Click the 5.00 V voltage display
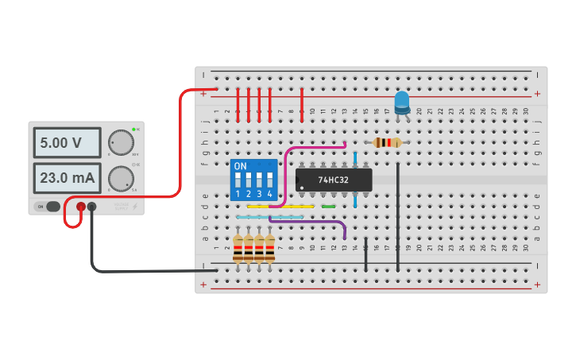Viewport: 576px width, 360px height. [x=67, y=143]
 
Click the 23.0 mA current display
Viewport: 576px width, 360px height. [x=67, y=178]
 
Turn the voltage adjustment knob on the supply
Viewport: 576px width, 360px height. [x=121, y=141]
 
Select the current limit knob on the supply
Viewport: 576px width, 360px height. [x=121, y=177]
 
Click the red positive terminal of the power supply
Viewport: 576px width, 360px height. [x=81, y=207]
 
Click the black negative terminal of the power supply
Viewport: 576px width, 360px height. [x=92, y=207]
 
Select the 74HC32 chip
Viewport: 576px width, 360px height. [x=334, y=180]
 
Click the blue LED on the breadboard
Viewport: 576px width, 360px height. [x=402, y=102]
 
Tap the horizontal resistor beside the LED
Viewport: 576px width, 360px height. [x=387, y=143]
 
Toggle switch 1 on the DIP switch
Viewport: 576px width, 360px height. [x=238, y=180]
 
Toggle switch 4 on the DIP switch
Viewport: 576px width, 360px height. [x=270, y=180]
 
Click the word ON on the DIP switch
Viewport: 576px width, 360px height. [x=240, y=166]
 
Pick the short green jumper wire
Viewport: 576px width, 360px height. [x=328, y=207]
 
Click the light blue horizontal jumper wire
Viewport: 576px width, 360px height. [x=270, y=217]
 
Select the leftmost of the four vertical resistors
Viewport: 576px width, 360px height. [x=238, y=248]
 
